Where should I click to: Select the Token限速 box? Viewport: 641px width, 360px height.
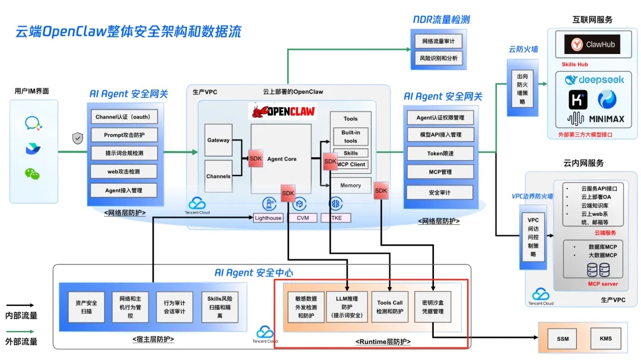tap(440, 154)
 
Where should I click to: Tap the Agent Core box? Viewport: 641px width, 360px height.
tap(281, 159)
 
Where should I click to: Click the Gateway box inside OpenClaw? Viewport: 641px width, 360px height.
tap(218, 140)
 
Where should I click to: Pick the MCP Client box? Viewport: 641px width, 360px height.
tap(350, 164)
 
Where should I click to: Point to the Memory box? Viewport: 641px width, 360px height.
tap(350, 186)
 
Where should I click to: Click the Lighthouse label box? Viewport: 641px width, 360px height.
tap(268, 218)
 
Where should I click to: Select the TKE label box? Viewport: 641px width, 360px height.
tap(336, 218)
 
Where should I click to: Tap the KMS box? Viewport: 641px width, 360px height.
tap(605, 339)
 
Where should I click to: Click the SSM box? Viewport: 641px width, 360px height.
tap(562, 339)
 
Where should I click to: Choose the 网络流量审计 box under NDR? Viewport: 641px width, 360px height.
tap(438, 42)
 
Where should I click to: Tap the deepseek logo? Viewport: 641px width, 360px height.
tap(594, 80)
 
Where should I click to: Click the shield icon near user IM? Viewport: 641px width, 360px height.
tap(78, 138)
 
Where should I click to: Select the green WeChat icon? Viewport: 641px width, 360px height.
tap(32, 173)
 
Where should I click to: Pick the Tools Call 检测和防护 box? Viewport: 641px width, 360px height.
tap(389, 307)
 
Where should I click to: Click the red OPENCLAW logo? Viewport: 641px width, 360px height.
tap(283, 111)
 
